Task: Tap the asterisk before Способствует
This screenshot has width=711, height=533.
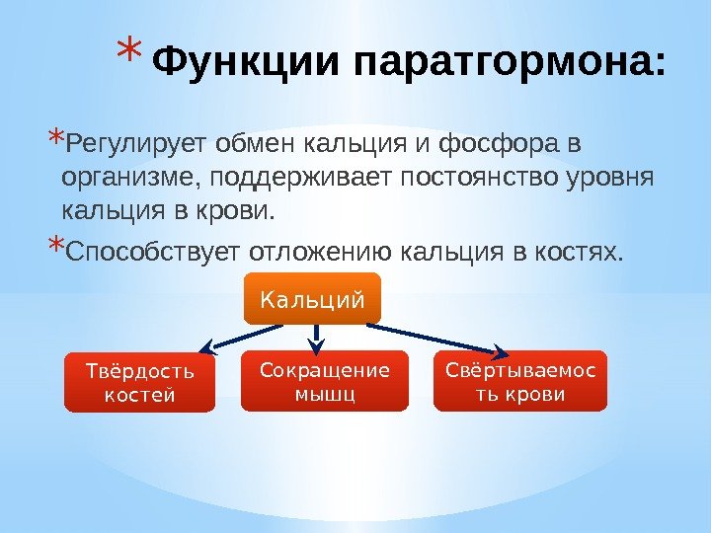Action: click(x=55, y=247)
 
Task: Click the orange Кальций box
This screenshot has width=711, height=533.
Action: click(x=312, y=298)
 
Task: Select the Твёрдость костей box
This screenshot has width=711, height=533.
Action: click(x=139, y=382)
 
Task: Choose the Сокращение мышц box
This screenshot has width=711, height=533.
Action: click(x=324, y=381)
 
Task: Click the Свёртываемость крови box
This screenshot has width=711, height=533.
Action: click(x=520, y=381)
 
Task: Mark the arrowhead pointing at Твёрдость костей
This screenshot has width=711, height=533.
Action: click(x=207, y=346)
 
